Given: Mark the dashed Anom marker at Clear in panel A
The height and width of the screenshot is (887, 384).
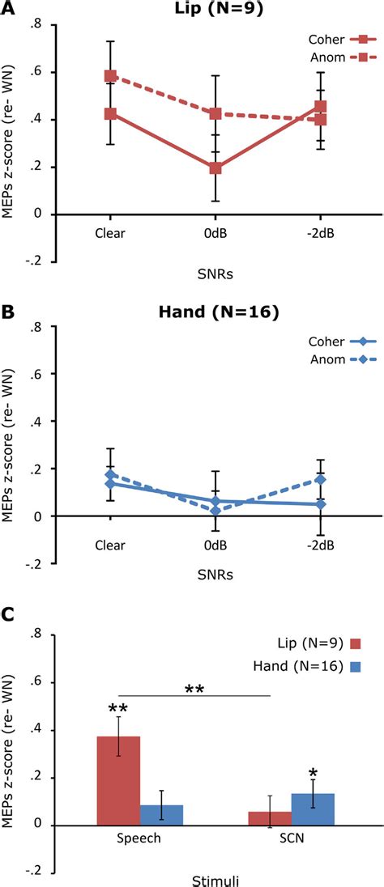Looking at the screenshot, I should pos(111,76).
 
